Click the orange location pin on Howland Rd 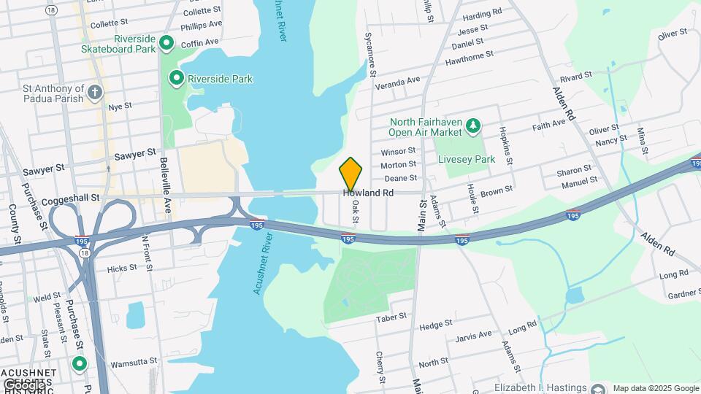coord(350,174)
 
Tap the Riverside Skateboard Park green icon coord(166,44)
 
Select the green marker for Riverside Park coord(176,77)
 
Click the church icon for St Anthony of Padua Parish coord(94,92)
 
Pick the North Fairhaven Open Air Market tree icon coord(474,126)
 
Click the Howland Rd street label coord(368,193)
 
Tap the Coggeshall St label coord(70,198)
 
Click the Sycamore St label coord(372,53)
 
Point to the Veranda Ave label coord(397,83)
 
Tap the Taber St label coord(391,319)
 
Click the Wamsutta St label coord(133,362)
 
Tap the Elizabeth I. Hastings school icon coord(599,388)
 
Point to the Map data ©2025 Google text coord(656,388)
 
